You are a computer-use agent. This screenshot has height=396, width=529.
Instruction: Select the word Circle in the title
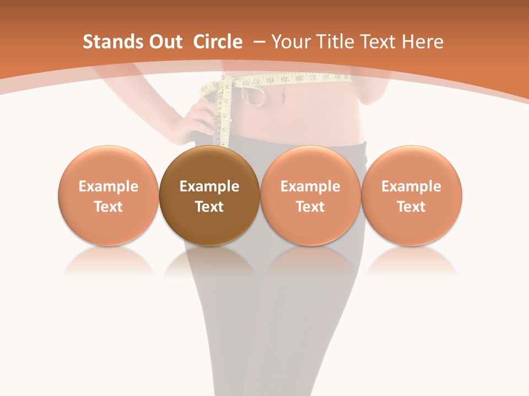point(218,42)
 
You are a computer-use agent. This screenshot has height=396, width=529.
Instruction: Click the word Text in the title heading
point(379,42)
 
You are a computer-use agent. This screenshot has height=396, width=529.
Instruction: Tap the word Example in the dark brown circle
point(209,186)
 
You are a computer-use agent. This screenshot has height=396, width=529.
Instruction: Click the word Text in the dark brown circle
point(209,207)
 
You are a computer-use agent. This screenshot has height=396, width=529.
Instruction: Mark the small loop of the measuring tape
point(253,95)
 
